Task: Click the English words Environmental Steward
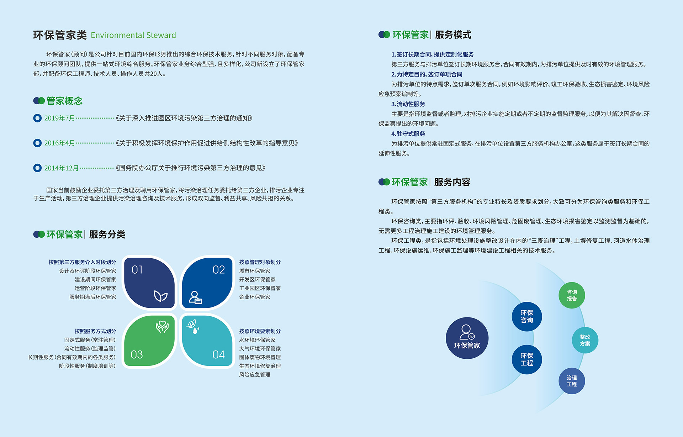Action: point(133,35)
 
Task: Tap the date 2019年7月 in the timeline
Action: point(59,118)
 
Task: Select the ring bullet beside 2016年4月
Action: point(37,143)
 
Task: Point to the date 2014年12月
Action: point(61,168)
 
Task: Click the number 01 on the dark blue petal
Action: point(137,270)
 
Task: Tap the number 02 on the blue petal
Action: point(219,270)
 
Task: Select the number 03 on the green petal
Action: point(137,354)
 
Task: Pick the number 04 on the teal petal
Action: point(218,354)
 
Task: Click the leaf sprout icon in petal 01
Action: point(160,296)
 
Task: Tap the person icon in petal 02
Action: point(195,298)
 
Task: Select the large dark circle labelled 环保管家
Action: point(467,338)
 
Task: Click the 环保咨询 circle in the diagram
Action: point(527,316)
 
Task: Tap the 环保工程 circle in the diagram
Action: point(527,359)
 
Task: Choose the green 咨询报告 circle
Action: point(572,295)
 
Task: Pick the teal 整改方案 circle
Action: point(585,340)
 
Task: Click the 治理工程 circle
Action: point(572,381)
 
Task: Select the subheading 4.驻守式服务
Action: point(408,134)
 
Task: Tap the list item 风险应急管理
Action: point(255,375)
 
